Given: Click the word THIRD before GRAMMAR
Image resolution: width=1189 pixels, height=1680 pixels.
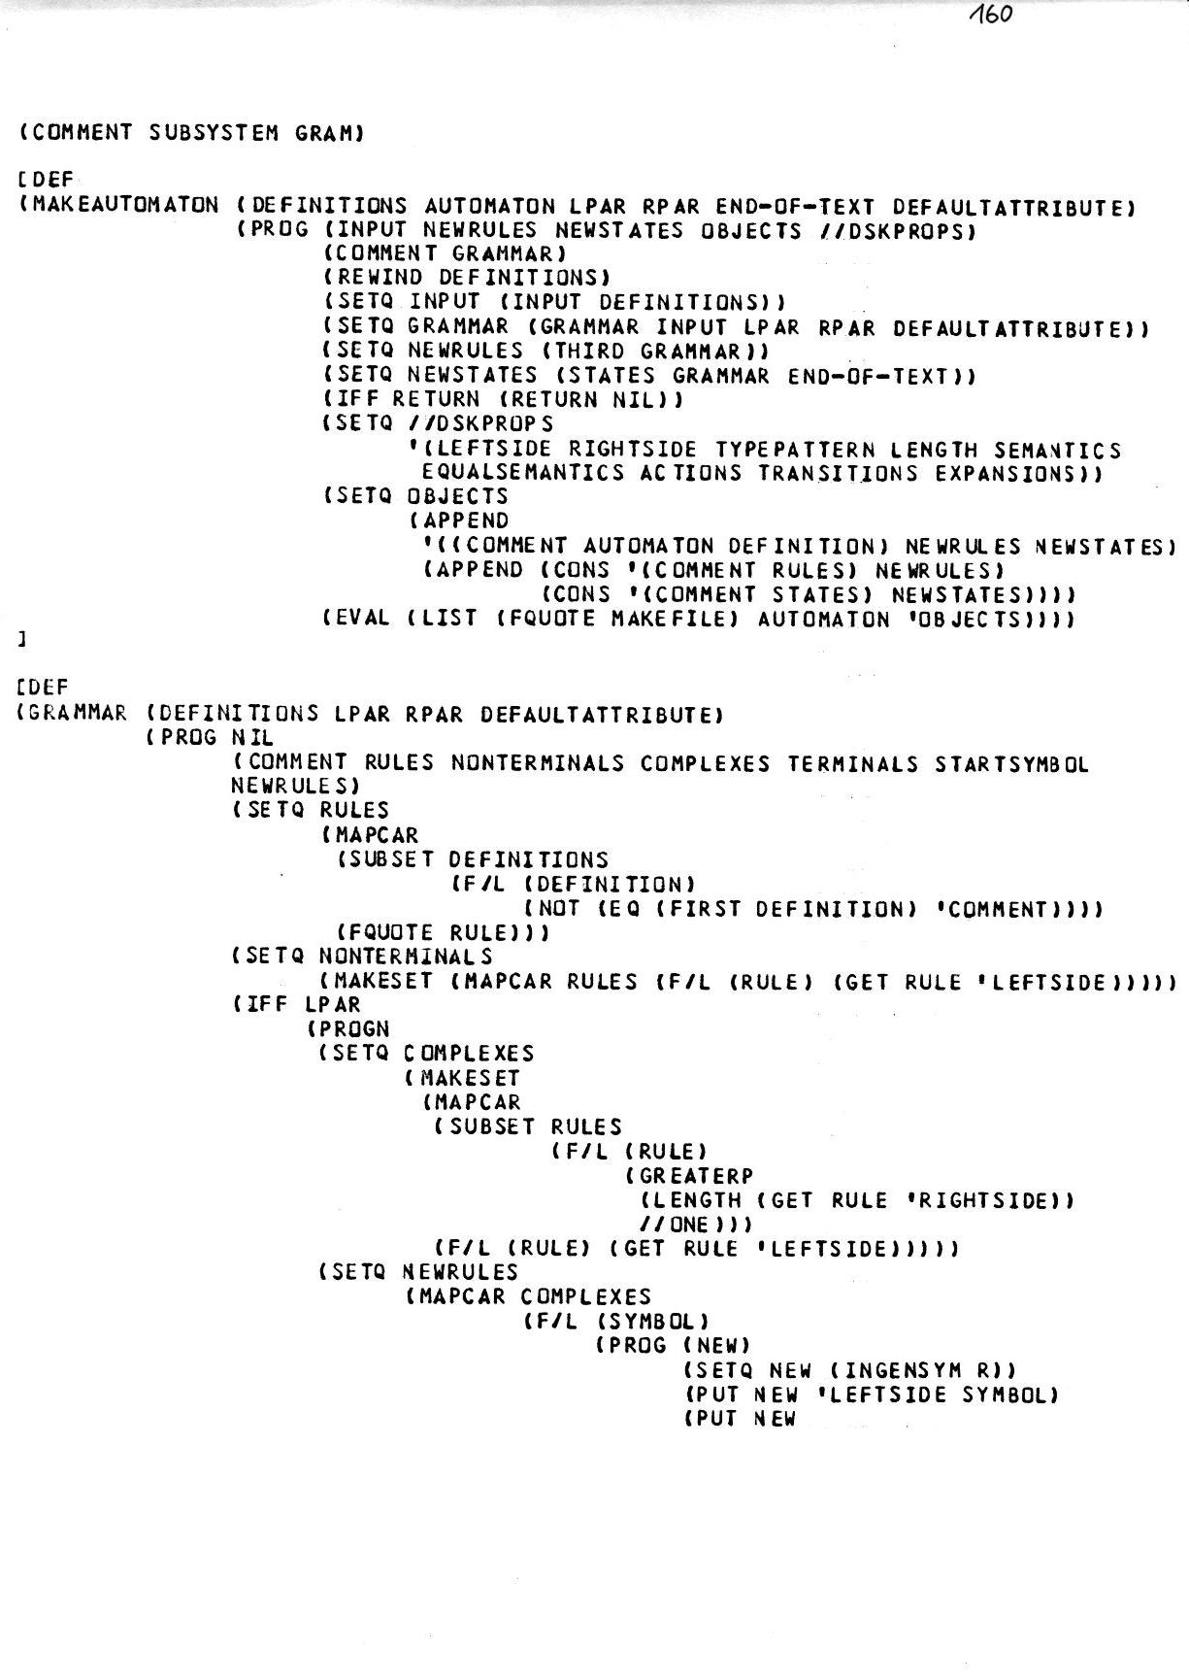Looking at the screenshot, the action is tap(587, 351).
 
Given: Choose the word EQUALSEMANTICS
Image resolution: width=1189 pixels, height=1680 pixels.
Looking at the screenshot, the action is tap(523, 473).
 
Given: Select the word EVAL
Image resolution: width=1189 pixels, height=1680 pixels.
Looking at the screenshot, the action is tap(366, 619).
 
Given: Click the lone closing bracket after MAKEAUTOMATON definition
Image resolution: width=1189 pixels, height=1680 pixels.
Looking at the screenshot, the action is tap(21, 641).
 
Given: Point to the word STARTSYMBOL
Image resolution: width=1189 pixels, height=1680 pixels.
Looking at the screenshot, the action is tap(1012, 764).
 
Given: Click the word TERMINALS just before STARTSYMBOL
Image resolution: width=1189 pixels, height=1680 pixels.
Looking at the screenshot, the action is tap(852, 764).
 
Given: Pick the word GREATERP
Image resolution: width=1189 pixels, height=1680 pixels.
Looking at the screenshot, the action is tap(696, 1176).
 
